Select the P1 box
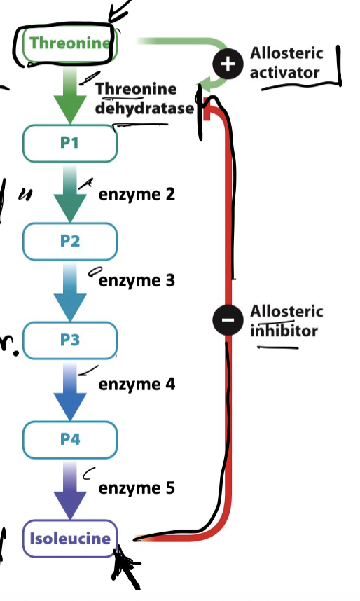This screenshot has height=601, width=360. pos(70,143)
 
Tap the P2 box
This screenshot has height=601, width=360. pos(70,241)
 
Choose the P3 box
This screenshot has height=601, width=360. pos(70,340)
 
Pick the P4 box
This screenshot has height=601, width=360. pos(70,439)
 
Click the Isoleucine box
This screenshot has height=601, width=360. pos(70,538)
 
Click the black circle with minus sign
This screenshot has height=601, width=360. pos(226,320)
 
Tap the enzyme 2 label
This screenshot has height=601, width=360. pos(137,194)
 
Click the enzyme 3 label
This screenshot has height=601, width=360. pos(137,281)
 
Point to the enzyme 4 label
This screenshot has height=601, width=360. pos(137,384)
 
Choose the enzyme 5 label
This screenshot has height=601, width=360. pos(137,488)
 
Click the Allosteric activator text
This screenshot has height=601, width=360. pos(286,63)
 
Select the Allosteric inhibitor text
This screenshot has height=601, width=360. pos(286,321)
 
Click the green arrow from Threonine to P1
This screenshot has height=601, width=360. pos(70,95)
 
